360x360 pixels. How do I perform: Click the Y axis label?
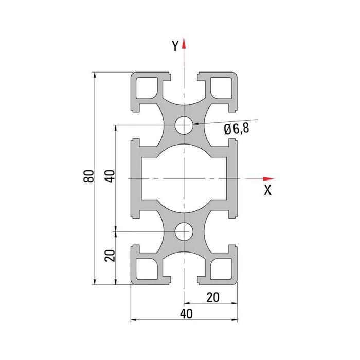point(175,46)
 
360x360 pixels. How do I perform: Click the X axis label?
point(268,190)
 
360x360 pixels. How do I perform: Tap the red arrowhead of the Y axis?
point(184,43)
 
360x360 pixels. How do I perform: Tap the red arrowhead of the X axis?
point(268,178)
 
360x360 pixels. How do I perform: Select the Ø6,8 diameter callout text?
point(237,129)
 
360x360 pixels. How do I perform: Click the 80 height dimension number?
point(89,176)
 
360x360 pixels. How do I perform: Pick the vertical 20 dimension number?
point(110,256)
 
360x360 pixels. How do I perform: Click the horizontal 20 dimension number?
point(213,298)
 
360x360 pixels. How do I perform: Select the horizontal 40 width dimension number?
point(186,314)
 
